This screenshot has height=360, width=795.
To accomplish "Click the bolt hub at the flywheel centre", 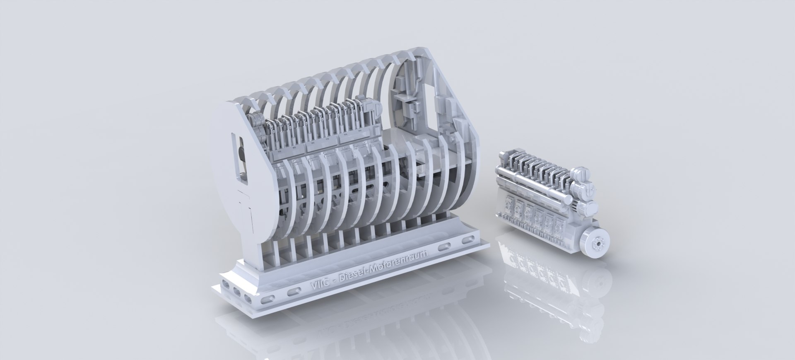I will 597,245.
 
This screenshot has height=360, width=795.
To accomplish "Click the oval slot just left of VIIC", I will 292,292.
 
